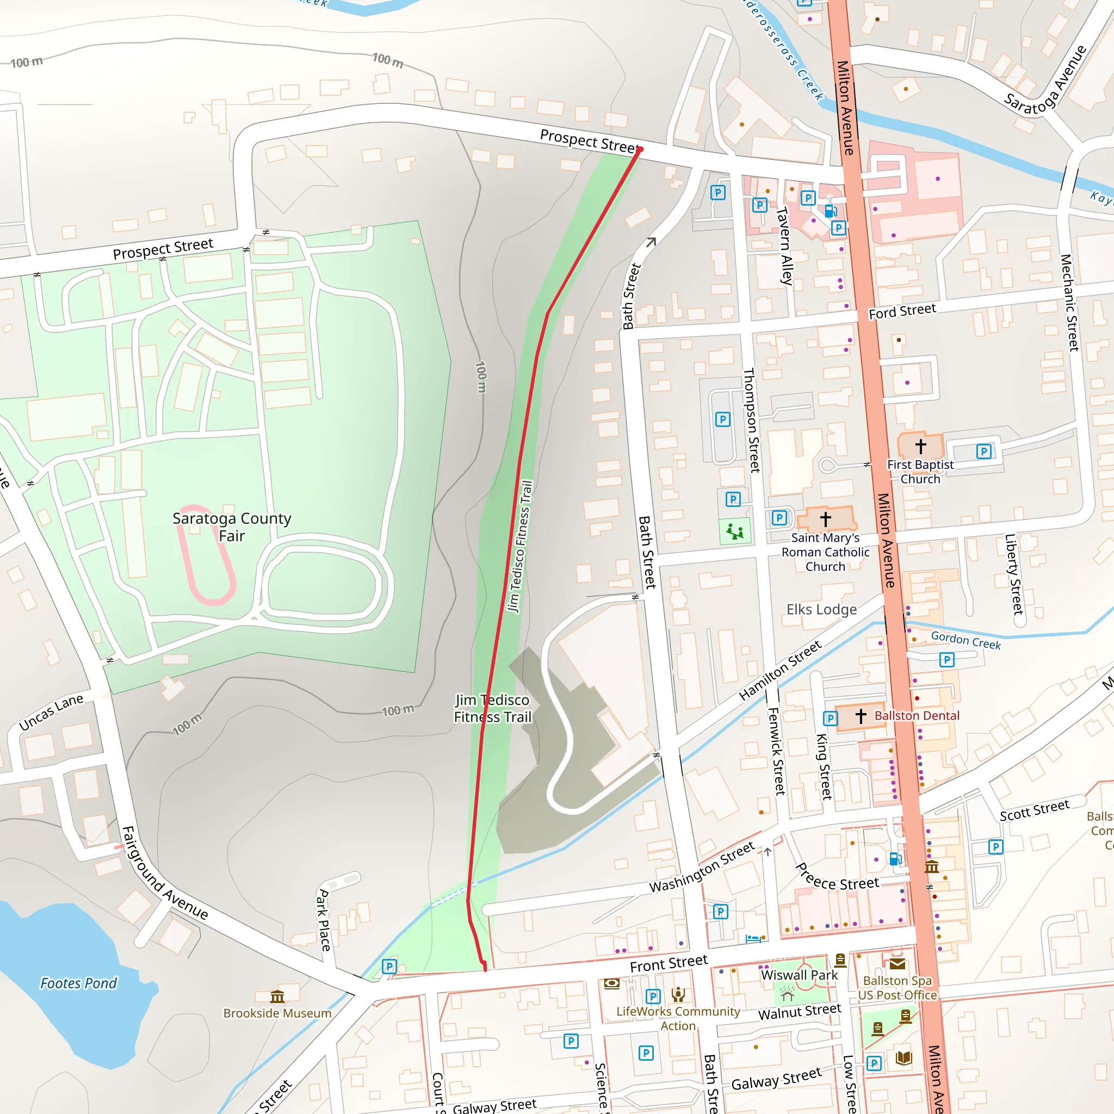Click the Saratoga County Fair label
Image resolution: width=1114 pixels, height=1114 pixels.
pos(232,527)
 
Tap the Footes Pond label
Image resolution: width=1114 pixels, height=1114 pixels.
pos(78,982)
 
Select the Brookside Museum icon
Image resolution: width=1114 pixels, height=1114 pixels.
pos(277,997)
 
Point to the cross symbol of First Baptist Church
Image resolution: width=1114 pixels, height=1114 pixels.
pos(920,445)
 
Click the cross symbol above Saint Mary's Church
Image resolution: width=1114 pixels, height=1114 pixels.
pos(825,519)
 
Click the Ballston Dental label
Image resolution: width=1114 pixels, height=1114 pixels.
pos(917,716)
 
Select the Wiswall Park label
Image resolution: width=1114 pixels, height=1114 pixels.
pos(799,975)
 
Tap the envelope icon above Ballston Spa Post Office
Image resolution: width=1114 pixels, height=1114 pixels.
pos(897,964)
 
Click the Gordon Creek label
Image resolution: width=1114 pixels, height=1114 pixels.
pos(966,640)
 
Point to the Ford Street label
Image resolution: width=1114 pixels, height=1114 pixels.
pos(902,311)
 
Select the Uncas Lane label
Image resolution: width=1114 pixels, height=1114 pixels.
pos(51,712)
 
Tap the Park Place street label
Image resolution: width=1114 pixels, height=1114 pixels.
pos(324,920)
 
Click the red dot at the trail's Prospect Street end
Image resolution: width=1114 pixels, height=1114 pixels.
pos(640,150)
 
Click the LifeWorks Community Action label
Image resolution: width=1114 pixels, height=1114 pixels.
pos(678,1018)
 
